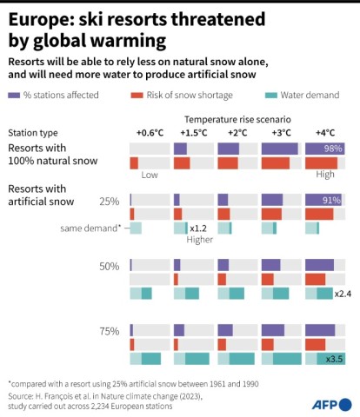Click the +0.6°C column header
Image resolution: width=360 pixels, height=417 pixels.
pos(150,132)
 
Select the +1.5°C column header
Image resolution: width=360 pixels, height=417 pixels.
pos(193,132)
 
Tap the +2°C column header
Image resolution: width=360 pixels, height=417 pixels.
pos(237,132)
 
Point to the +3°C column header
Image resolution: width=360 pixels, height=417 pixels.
pos(281,132)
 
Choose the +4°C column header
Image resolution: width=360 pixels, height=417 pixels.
pos(325,132)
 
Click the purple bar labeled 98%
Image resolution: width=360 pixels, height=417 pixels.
pos(324,149)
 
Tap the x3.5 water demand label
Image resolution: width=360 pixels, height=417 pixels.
pos(333,359)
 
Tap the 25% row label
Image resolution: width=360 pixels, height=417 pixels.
pos(109,201)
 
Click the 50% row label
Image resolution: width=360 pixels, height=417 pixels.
pos(109,266)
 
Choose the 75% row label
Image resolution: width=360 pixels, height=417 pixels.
pos(109,330)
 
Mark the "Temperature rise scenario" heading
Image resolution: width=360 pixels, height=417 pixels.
pos(237,116)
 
